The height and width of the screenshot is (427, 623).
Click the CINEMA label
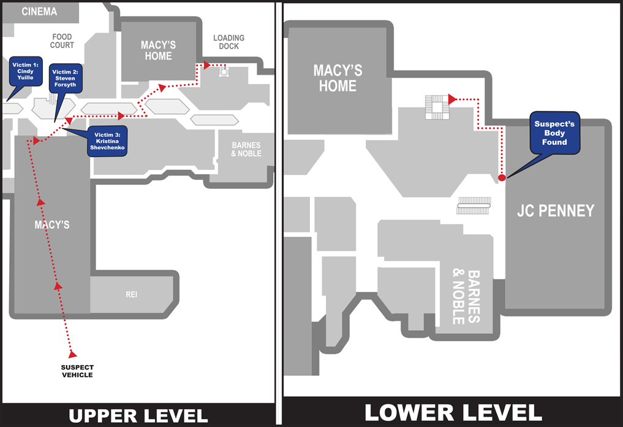click(x=39, y=12)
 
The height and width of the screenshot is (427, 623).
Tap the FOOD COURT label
click(x=62, y=41)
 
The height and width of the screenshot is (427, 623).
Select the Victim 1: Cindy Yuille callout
click(x=26, y=71)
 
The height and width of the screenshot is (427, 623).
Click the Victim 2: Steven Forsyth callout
click(x=65, y=79)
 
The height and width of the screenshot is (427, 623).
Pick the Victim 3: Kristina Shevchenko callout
click(x=107, y=141)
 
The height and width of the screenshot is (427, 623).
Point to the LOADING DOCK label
click(x=229, y=42)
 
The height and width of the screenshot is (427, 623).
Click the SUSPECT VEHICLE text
click(x=77, y=371)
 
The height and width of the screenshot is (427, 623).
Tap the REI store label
click(x=132, y=294)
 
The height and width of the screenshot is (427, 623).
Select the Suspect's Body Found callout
click(x=554, y=133)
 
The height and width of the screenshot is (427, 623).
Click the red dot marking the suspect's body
click(x=502, y=178)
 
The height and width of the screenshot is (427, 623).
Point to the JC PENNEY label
click(x=556, y=210)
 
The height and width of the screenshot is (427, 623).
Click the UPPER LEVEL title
click(x=138, y=416)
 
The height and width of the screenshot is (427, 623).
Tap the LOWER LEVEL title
click(x=453, y=413)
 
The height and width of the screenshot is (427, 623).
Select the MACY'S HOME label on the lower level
click(x=338, y=78)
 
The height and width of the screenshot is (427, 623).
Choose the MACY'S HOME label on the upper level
click(x=158, y=50)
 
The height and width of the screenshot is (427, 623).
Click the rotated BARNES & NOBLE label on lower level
click(x=466, y=297)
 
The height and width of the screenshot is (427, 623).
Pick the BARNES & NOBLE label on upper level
click(x=246, y=149)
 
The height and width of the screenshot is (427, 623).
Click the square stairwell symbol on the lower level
click(x=437, y=107)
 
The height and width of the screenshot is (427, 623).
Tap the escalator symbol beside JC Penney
click(x=474, y=206)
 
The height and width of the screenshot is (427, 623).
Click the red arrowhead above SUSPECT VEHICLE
click(x=72, y=354)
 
